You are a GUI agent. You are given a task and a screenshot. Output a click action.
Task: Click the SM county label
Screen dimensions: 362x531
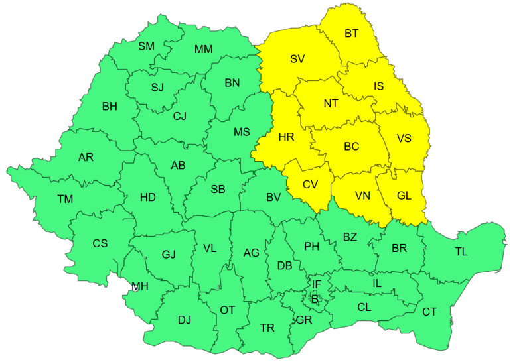click(x=146, y=46)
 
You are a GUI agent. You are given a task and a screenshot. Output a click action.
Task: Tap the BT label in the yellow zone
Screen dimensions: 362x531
click(x=352, y=32)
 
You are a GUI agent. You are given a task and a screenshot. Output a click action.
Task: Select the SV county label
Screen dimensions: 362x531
click(x=297, y=59)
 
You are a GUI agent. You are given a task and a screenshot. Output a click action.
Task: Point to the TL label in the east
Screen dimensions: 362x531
click(x=461, y=251)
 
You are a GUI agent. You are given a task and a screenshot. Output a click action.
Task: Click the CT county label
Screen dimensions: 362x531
click(x=429, y=311)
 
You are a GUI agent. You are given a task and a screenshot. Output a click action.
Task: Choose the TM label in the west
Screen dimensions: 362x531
click(x=65, y=199)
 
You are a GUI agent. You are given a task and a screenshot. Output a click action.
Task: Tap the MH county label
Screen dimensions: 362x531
click(x=140, y=286)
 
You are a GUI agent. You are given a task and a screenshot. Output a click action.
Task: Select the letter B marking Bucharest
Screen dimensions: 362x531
click(x=315, y=299)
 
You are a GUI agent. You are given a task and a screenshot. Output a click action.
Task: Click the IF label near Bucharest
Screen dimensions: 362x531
click(x=317, y=284)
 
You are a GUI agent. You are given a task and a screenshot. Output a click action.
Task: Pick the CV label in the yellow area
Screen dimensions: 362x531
click(x=310, y=185)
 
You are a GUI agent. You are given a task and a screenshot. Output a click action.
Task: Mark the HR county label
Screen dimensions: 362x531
click(x=287, y=137)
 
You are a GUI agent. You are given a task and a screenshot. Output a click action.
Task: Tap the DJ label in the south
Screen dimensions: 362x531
click(x=185, y=320)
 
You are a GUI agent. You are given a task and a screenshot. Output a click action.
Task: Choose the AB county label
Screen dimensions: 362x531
click(x=178, y=166)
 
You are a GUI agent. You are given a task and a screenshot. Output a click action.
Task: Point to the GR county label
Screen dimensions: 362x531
click(x=304, y=319)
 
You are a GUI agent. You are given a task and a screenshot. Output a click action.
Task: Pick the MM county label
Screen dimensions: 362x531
click(x=204, y=49)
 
